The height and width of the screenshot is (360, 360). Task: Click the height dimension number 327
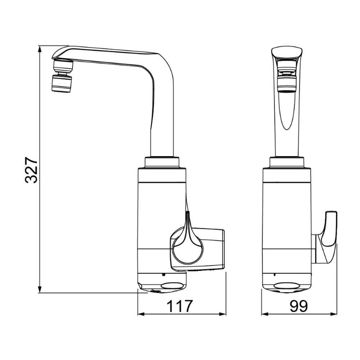pyautogui.click(x=31, y=170)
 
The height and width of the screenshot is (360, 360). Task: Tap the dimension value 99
pyautogui.click(x=299, y=307)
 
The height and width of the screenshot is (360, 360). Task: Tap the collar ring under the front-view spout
pyautogui.click(x=287, y=162)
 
